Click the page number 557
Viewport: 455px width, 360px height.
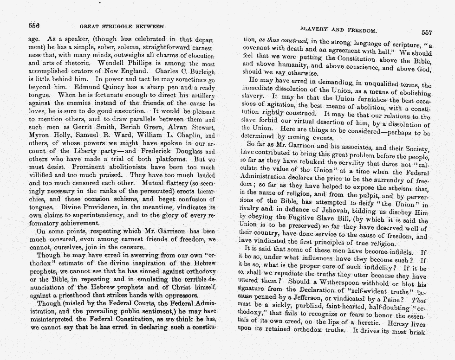click(426, 33)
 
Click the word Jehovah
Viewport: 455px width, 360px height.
click(340, 213)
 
